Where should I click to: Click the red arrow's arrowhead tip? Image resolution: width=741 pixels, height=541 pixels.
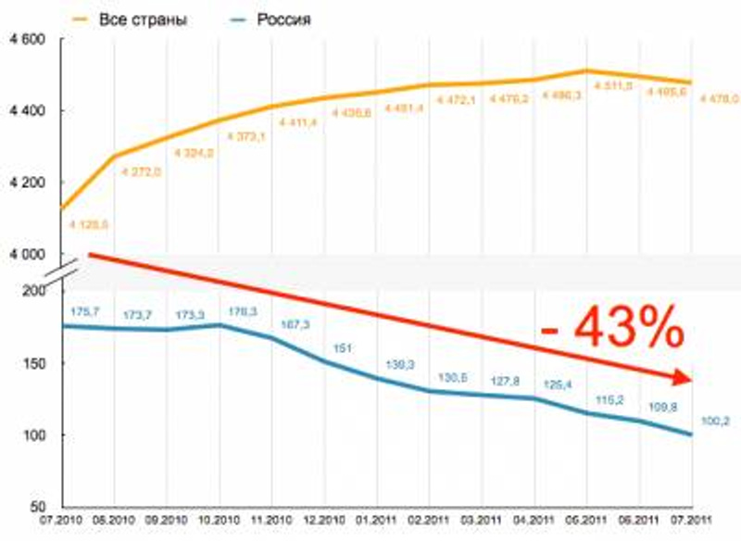coord(692,379)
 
